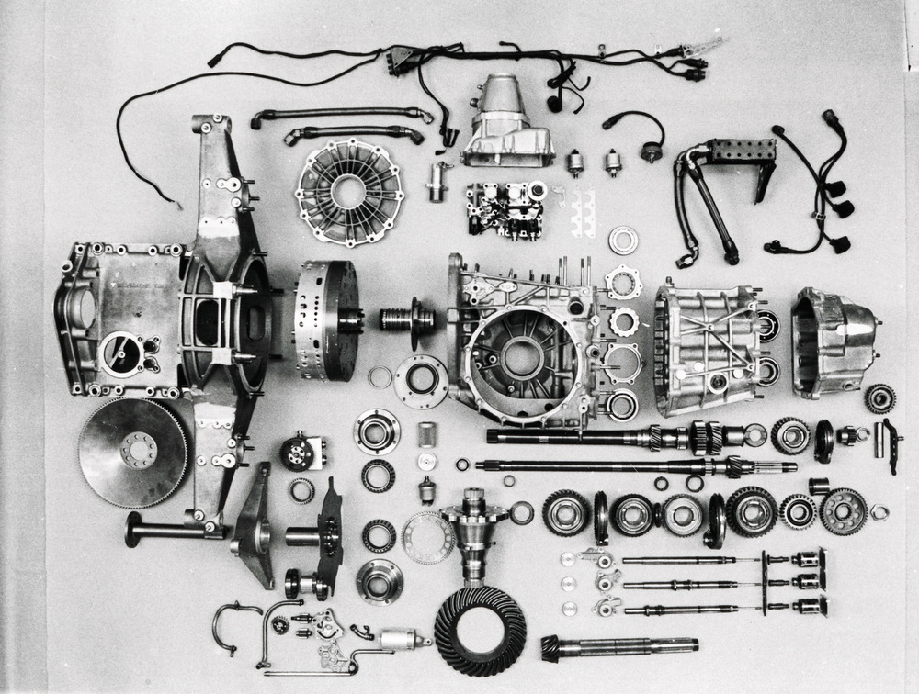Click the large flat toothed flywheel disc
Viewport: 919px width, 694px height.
(x=132, y=453)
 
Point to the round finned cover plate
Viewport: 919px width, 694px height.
(x=349, y=191)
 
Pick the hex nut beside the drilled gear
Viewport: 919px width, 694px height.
(x=879, y=512)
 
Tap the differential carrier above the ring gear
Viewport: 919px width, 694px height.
(x=474, y=528)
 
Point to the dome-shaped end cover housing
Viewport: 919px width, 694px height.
(x=832, y=341)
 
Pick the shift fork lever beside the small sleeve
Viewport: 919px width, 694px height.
(x=888, y=445)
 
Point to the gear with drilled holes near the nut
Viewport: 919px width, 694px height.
(x=842, y=510)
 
